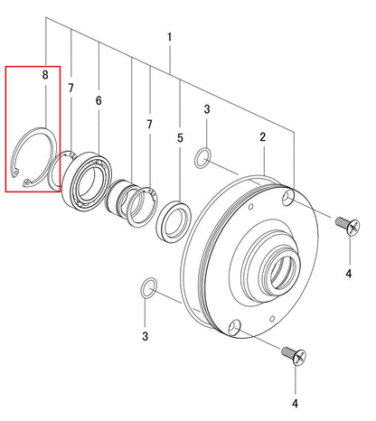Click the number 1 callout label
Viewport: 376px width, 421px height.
click(170, 37)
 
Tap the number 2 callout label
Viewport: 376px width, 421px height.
click(263, 137)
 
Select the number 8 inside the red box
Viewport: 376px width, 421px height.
click(45, 75)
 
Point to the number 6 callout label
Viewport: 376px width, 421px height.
click(99, 100)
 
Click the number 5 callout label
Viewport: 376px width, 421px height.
click(180, 138)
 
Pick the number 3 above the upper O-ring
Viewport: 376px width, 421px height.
click(207, 109)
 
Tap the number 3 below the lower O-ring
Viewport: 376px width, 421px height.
click(146, 336)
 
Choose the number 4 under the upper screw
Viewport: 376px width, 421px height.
click(349, 274)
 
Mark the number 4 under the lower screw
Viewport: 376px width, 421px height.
click(296, 403)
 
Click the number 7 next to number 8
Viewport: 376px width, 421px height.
click(70, 88)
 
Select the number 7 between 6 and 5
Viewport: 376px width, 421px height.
click(149, 124)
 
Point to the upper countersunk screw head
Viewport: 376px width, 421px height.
click(353, 228)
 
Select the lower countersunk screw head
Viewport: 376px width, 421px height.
click(299, 358)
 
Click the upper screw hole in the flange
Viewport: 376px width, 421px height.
click(288, 198)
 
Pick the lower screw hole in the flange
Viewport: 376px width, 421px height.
click(234, 328)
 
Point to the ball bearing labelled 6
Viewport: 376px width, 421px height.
click(87, 181)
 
